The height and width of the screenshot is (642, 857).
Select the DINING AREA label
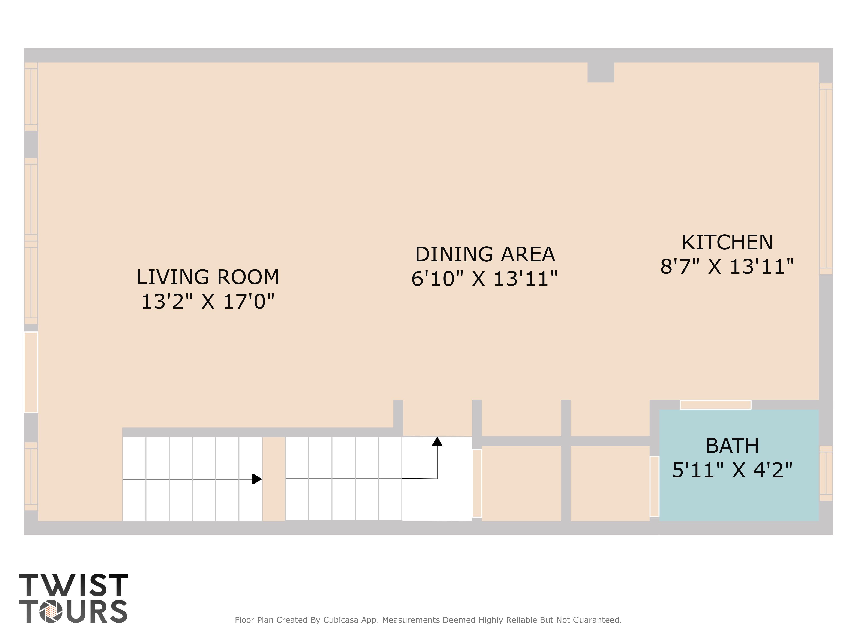tap(485, 254)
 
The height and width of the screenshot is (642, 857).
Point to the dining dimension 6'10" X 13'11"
tap(485, 278)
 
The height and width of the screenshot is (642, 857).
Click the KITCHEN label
tap(727, 242)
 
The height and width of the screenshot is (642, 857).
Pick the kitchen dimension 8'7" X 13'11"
tap(727, 266)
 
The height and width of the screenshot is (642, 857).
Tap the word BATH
tap(732, 446)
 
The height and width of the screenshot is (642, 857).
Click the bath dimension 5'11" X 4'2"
tap(732, 470)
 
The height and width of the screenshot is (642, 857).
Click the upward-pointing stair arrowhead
tap(437, 441)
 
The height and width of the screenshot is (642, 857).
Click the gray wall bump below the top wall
tap(601, 72)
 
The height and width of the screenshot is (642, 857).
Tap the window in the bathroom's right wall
tap(826, 473)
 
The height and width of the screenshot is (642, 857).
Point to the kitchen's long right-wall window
tap(826, 178)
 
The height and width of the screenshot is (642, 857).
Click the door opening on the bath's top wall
tap(715, 405)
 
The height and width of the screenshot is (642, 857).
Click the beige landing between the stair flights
tap(274, 479)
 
